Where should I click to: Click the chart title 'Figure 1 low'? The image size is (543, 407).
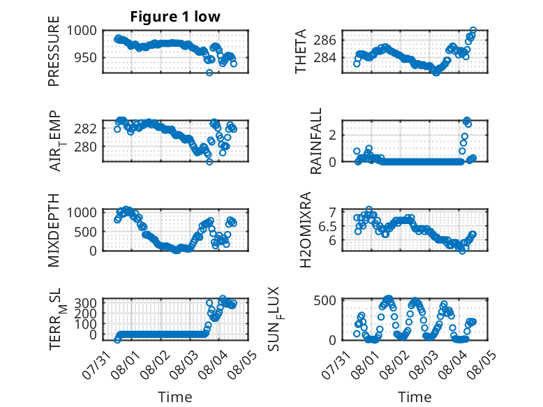pyautogui.click(x=175, y=17)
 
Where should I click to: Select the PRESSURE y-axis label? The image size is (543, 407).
pyautogui.click(x=54, y=51)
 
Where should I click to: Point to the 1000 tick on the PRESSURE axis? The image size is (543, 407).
pyautogui.click(x=82, y=31)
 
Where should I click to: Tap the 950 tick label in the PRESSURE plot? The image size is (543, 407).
pyautogui.click(x=85, y=57)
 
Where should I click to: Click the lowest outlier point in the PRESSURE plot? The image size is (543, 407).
pyautogui.click(x=209, y=73)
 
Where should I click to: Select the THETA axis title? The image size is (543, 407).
pyautogui.click(x=301, y=51)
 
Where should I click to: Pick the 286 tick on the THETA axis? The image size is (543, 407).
pyautogui.click(x=325, y=40)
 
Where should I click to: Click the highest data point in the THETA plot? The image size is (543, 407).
pyautogui.click(x=473, y=30)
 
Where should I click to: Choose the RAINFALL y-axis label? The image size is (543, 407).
pyautogui.click(x=316, y=141)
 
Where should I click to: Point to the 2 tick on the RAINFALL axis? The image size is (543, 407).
pyautogui.click(x=333, y=135)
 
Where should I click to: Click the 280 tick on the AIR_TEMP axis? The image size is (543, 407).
pyautogui.click(x=85, y=147)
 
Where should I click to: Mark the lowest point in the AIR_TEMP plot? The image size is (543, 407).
pyautogui.click(x=209, y=161)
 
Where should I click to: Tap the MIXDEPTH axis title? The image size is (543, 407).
pyautogui.click(x=54, y=230)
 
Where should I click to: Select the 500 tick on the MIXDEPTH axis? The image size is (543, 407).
pyautogui.click(x=85, y=232)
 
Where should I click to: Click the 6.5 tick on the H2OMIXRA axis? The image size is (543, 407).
pyautogui.click(x=327, y=227)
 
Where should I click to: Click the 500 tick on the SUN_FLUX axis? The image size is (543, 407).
pyautogui.click(x=325, y=300)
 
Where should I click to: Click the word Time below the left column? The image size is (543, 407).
pyautogui.click(x=175, y=397)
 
